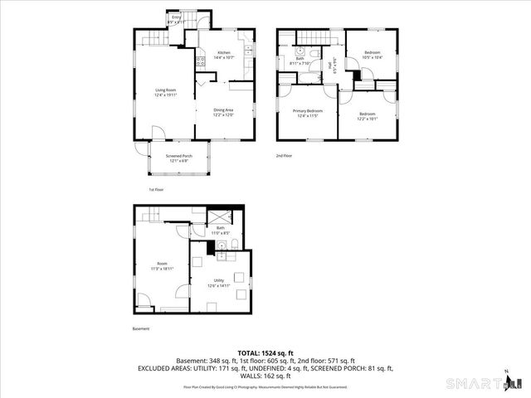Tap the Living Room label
(166, 93)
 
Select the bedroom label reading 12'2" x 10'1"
(367, 116)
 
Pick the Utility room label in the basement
(219, 283)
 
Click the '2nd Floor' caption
(285, 155)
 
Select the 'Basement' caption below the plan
(141, 329)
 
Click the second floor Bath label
(299, 61)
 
